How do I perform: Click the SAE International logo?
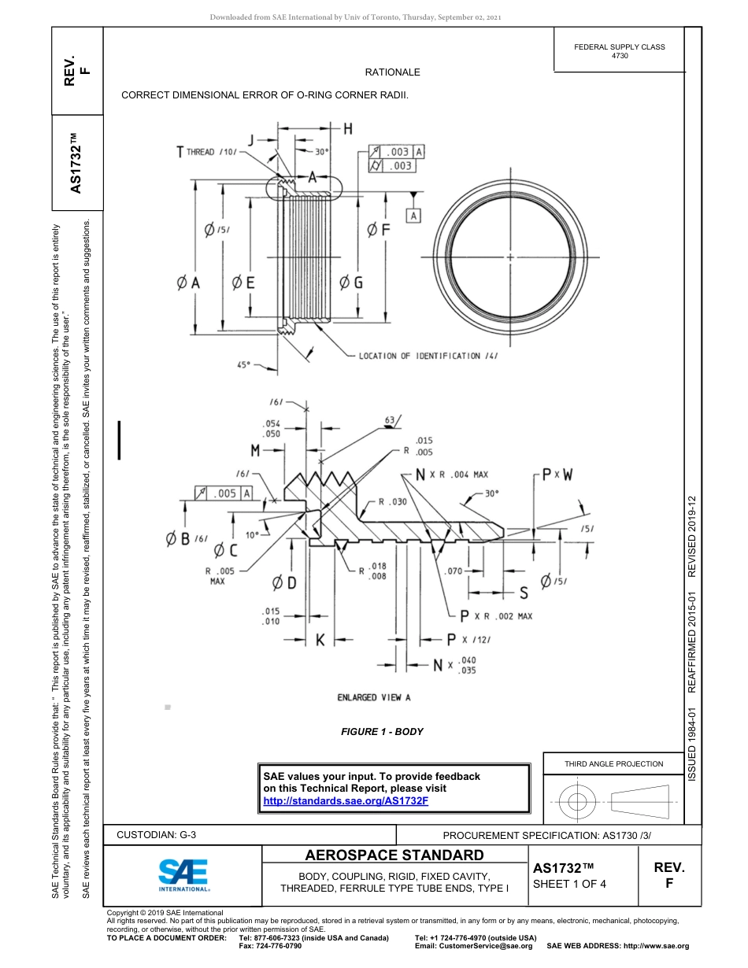(x=183, y=874)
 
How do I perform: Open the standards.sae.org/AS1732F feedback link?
(x=345, y=800)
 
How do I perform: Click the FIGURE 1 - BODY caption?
(x=382, y=732)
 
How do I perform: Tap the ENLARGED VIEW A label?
(x=374, y=697)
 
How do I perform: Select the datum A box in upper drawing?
(x=413, y=215)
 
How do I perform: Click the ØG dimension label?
(x=350, y=282)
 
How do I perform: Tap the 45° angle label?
(x=244, y=364)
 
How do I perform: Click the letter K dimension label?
(x=320, y=641)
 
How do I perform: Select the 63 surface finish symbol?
(x=389, y=420)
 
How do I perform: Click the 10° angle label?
(x=252, y=534)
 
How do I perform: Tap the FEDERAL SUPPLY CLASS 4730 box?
(x=619, y=51)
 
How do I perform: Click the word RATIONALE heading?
(x=392, y=72)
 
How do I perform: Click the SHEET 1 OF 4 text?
(x=569, y=883)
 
